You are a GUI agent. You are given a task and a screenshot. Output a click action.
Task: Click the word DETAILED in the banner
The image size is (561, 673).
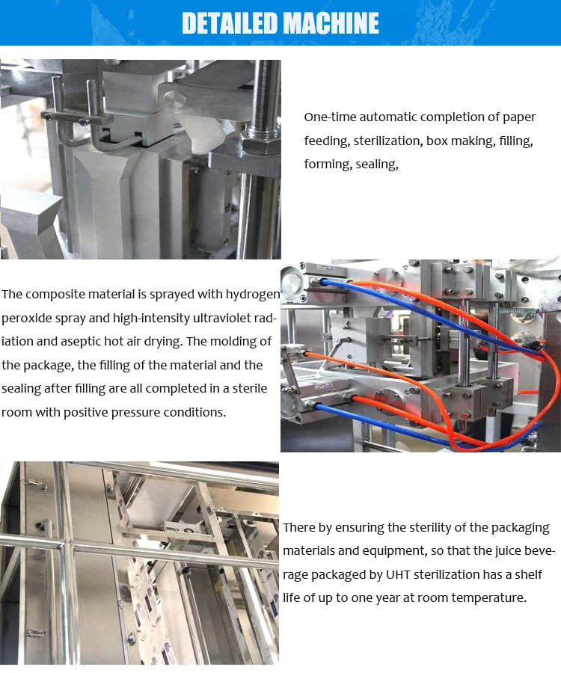tap(230, 23)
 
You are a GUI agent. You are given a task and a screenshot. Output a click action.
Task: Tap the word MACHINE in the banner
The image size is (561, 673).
tap(329, 23)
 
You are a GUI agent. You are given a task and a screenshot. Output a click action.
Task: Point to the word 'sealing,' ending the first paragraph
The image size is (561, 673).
tap(378, 165)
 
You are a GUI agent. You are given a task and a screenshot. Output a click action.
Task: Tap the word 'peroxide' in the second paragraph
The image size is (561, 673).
tap(29, 318)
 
